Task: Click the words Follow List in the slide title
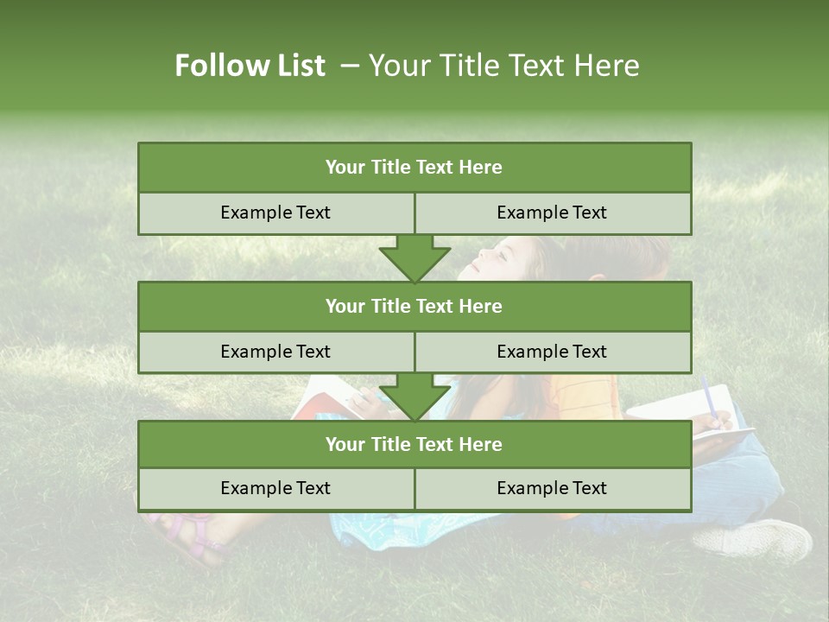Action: click(x=250, y=66)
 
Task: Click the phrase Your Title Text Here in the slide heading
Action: click(x=503, y=66)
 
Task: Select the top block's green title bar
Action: click(x=414, y=168)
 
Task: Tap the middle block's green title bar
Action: click(x=414, y=306)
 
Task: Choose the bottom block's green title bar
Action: click(x=414, y=444)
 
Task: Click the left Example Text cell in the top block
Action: click(x=275, y=213)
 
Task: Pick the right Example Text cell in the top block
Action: click(x=553, y=213)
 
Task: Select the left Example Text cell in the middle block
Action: click(x=275, y=352)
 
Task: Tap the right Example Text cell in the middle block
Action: click(x=553, y=352)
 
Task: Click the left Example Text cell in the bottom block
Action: click(x=275, y=488)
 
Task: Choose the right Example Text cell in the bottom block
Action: click(x=553, y=488)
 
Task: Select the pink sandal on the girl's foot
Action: click(x=186, y=531)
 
